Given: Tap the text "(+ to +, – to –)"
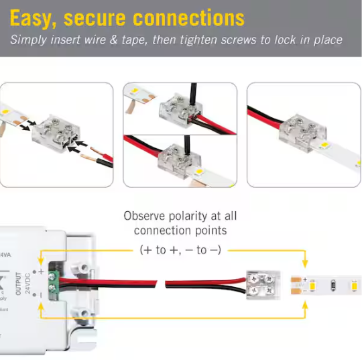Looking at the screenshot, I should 180,249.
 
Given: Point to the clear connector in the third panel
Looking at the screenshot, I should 292,129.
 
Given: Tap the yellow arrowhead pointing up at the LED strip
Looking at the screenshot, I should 305,302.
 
